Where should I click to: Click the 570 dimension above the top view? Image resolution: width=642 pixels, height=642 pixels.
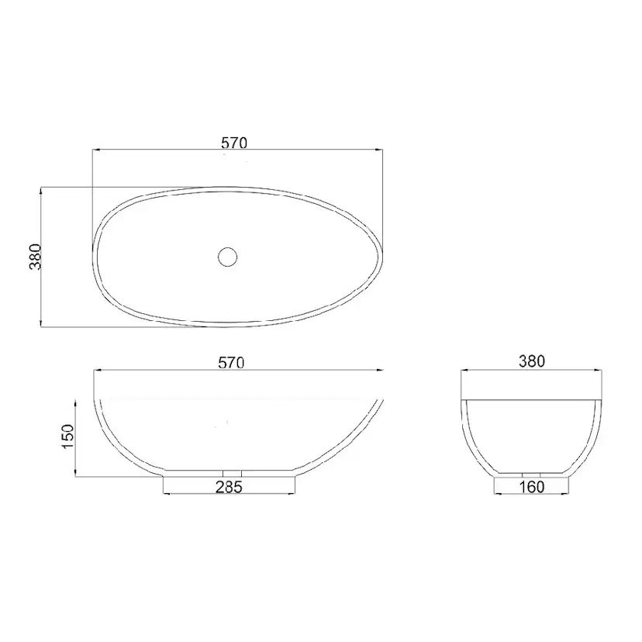coord(234,143)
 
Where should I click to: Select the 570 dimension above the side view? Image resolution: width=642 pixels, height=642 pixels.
coord(231,362)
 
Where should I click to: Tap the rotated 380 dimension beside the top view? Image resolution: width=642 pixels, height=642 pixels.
coord(36,257)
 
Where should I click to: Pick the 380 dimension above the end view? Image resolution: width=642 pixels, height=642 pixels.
coord(532,361)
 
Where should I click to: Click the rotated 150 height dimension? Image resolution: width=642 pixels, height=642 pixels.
coord(68,436)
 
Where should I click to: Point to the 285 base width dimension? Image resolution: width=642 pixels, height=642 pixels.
coord(230,487)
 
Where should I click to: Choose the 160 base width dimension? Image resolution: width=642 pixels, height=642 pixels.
coord(532,487)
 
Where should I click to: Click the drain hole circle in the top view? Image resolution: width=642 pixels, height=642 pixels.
coord(228,257)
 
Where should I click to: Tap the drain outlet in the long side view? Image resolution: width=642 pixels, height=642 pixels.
coord(232,474)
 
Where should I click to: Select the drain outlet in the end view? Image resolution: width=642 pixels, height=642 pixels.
coord(531,475)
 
